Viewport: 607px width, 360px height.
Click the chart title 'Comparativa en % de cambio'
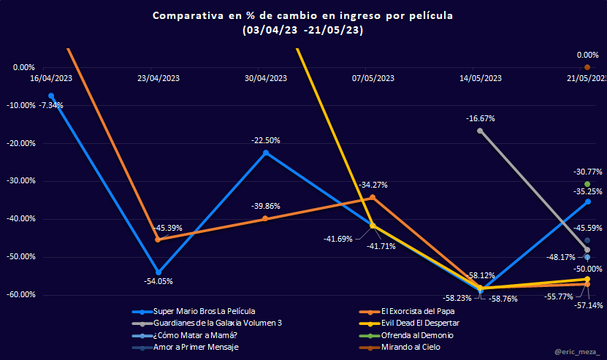click(x=303, y=15)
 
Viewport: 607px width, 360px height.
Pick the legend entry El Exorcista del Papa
click(x=418, y=310)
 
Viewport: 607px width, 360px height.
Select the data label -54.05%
click(x=159, y=280)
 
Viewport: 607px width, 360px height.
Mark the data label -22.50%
click(x=266, y=140)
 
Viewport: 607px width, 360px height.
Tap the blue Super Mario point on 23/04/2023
click(x=159, y=272)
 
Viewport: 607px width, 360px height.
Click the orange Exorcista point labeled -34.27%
click(x=373, y=197)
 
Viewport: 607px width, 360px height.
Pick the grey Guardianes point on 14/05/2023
click(x=480, y=131)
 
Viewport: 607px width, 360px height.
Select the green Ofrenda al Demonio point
click(x=587, y=184)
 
